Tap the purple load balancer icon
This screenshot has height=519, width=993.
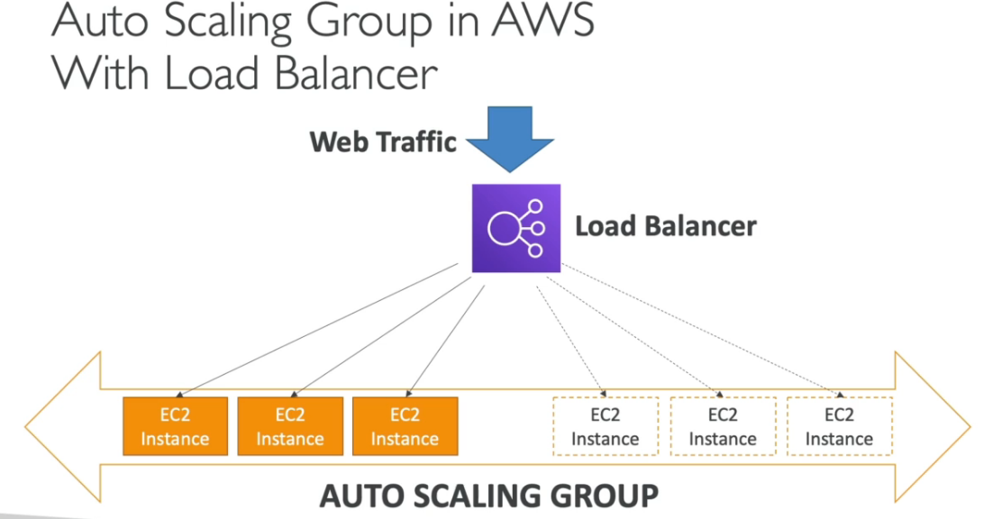(515, 228)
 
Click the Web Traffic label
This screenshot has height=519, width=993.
(383, 142)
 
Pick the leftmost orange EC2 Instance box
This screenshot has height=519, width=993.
(174, 426)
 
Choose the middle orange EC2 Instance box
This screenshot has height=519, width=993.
(289, 426)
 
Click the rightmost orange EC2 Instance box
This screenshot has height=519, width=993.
(405, 426)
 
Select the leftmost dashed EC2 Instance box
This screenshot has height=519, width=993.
(605, 426)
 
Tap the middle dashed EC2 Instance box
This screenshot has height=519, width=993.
(723, 426)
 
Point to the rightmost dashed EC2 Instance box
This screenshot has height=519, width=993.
(839, 426)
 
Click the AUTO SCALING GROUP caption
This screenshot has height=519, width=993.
(489, 496)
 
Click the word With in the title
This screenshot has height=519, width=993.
(99, 74)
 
